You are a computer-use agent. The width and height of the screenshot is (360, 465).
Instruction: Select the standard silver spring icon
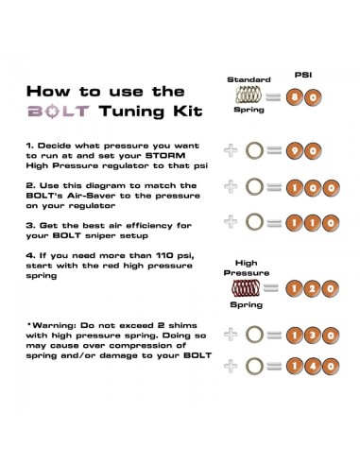(x=249, y=95)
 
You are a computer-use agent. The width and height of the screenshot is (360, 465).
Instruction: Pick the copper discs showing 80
(x=305, y=95)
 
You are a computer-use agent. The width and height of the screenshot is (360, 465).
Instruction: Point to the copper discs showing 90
(x=305, y=148)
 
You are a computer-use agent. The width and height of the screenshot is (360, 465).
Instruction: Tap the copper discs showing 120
(x=305, y=286)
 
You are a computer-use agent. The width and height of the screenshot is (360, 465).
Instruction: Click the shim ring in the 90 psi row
(x=254, y=148)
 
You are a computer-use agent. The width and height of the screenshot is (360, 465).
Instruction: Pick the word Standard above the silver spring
(x=249, y=79)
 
